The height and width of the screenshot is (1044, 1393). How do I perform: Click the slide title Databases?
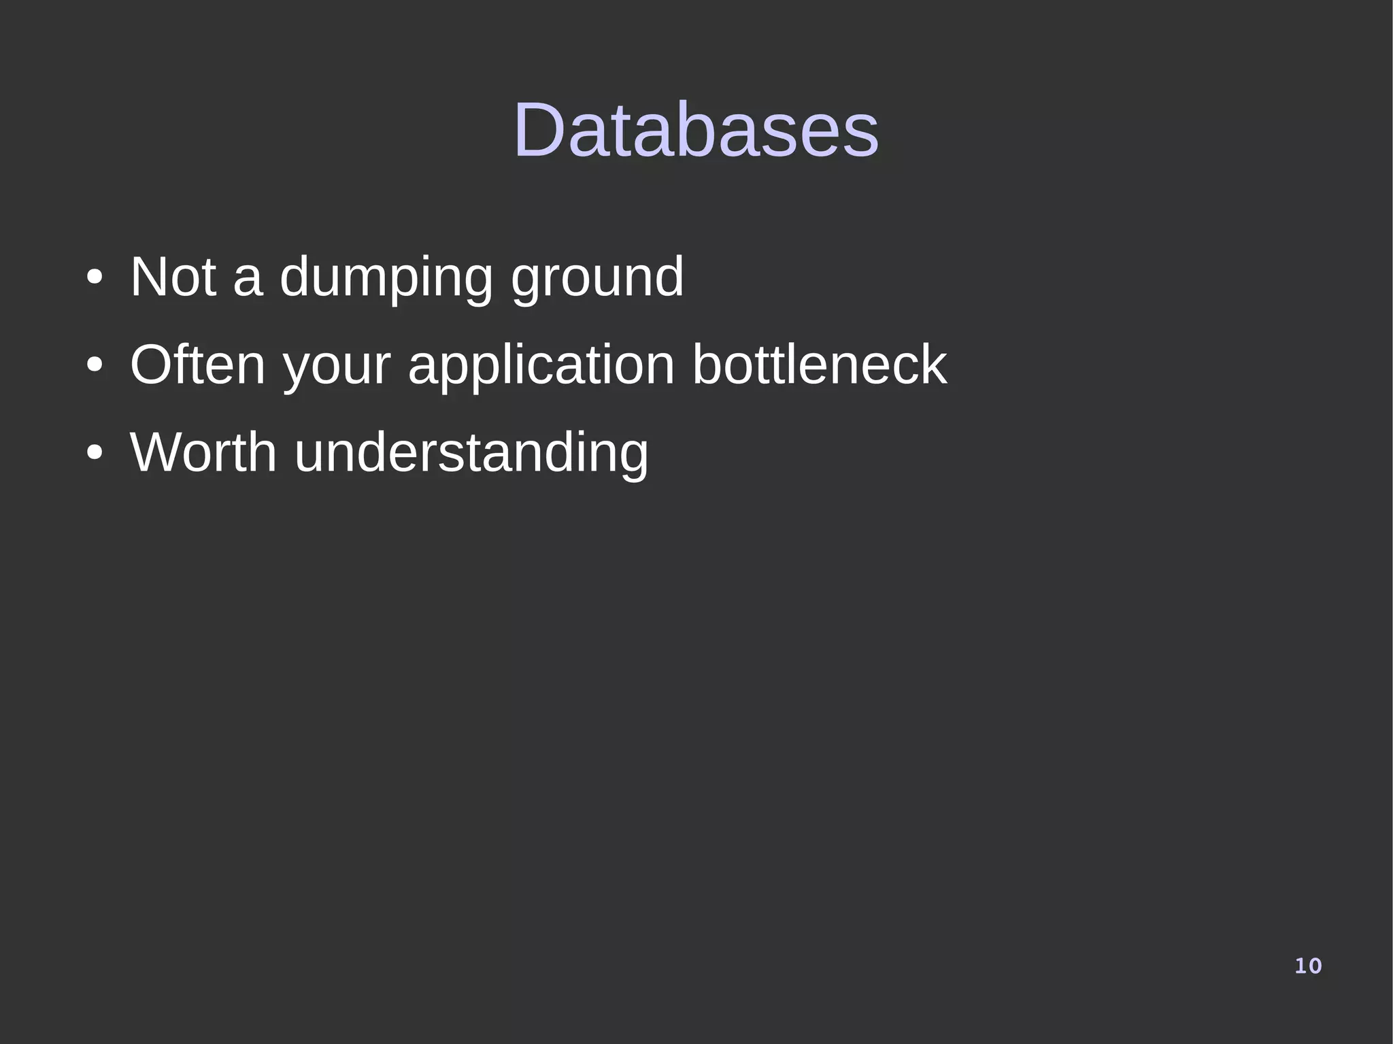coord(696,129)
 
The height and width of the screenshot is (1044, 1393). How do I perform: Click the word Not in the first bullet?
coord(173,277)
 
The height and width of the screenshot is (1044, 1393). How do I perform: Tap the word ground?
coord(597,277)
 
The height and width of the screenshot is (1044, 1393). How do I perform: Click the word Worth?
coord(203,452)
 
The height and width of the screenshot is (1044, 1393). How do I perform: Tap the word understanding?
coord(471,452)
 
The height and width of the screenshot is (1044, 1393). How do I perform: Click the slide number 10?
coord(1307,966)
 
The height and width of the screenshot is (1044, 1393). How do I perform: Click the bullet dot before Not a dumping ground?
coord(95,278)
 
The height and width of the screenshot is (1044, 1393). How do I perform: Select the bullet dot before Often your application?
coord(95,366)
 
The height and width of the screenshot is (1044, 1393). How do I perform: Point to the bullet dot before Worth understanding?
coord(95,454)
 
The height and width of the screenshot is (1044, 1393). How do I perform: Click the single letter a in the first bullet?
coord(248,280)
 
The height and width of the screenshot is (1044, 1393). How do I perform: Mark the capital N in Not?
coord(150,277)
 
